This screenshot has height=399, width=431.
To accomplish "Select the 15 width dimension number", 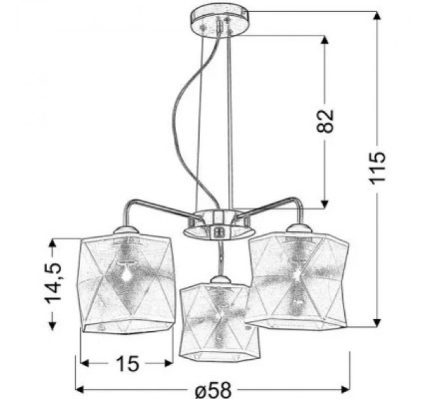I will click(127, 364).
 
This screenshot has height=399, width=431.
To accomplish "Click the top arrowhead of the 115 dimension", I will click(378, 16).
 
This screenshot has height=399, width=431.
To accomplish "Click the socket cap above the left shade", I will click(124, 229).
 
